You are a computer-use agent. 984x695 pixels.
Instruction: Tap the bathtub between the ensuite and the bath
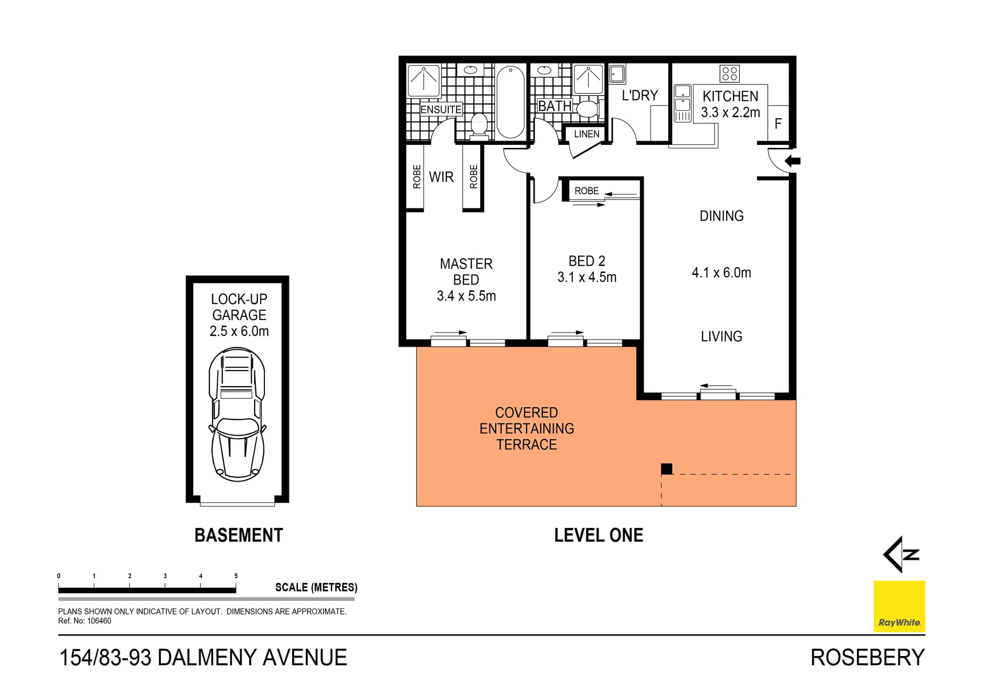click(510, 101)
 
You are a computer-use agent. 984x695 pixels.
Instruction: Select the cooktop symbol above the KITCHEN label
click(729, 74)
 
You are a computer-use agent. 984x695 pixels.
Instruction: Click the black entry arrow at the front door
click(792, 161)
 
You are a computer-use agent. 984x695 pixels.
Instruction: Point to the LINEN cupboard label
click(586, 134)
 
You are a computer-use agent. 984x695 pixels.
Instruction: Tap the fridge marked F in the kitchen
click(778, 123)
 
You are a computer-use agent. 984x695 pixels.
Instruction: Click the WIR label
click(441, 177)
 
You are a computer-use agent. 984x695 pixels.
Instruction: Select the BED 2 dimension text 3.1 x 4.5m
click(587, 277)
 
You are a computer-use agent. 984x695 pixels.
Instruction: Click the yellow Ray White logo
click(899, 606)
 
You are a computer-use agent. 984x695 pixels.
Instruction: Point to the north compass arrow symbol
click(901, 554)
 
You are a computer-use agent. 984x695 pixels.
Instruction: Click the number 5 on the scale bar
click(236, 576)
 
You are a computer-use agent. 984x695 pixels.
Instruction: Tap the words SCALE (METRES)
click(316, 587)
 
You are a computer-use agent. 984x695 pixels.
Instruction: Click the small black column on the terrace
click(666, 468)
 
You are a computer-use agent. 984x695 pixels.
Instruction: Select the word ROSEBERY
click(867, 658)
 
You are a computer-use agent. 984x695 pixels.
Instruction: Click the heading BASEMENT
click(238, 535)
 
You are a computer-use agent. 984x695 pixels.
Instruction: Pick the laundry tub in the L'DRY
click(617, 74)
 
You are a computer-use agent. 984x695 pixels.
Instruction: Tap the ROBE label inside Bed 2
click(586, 191)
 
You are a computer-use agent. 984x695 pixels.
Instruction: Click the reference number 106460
click(99, 621)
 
